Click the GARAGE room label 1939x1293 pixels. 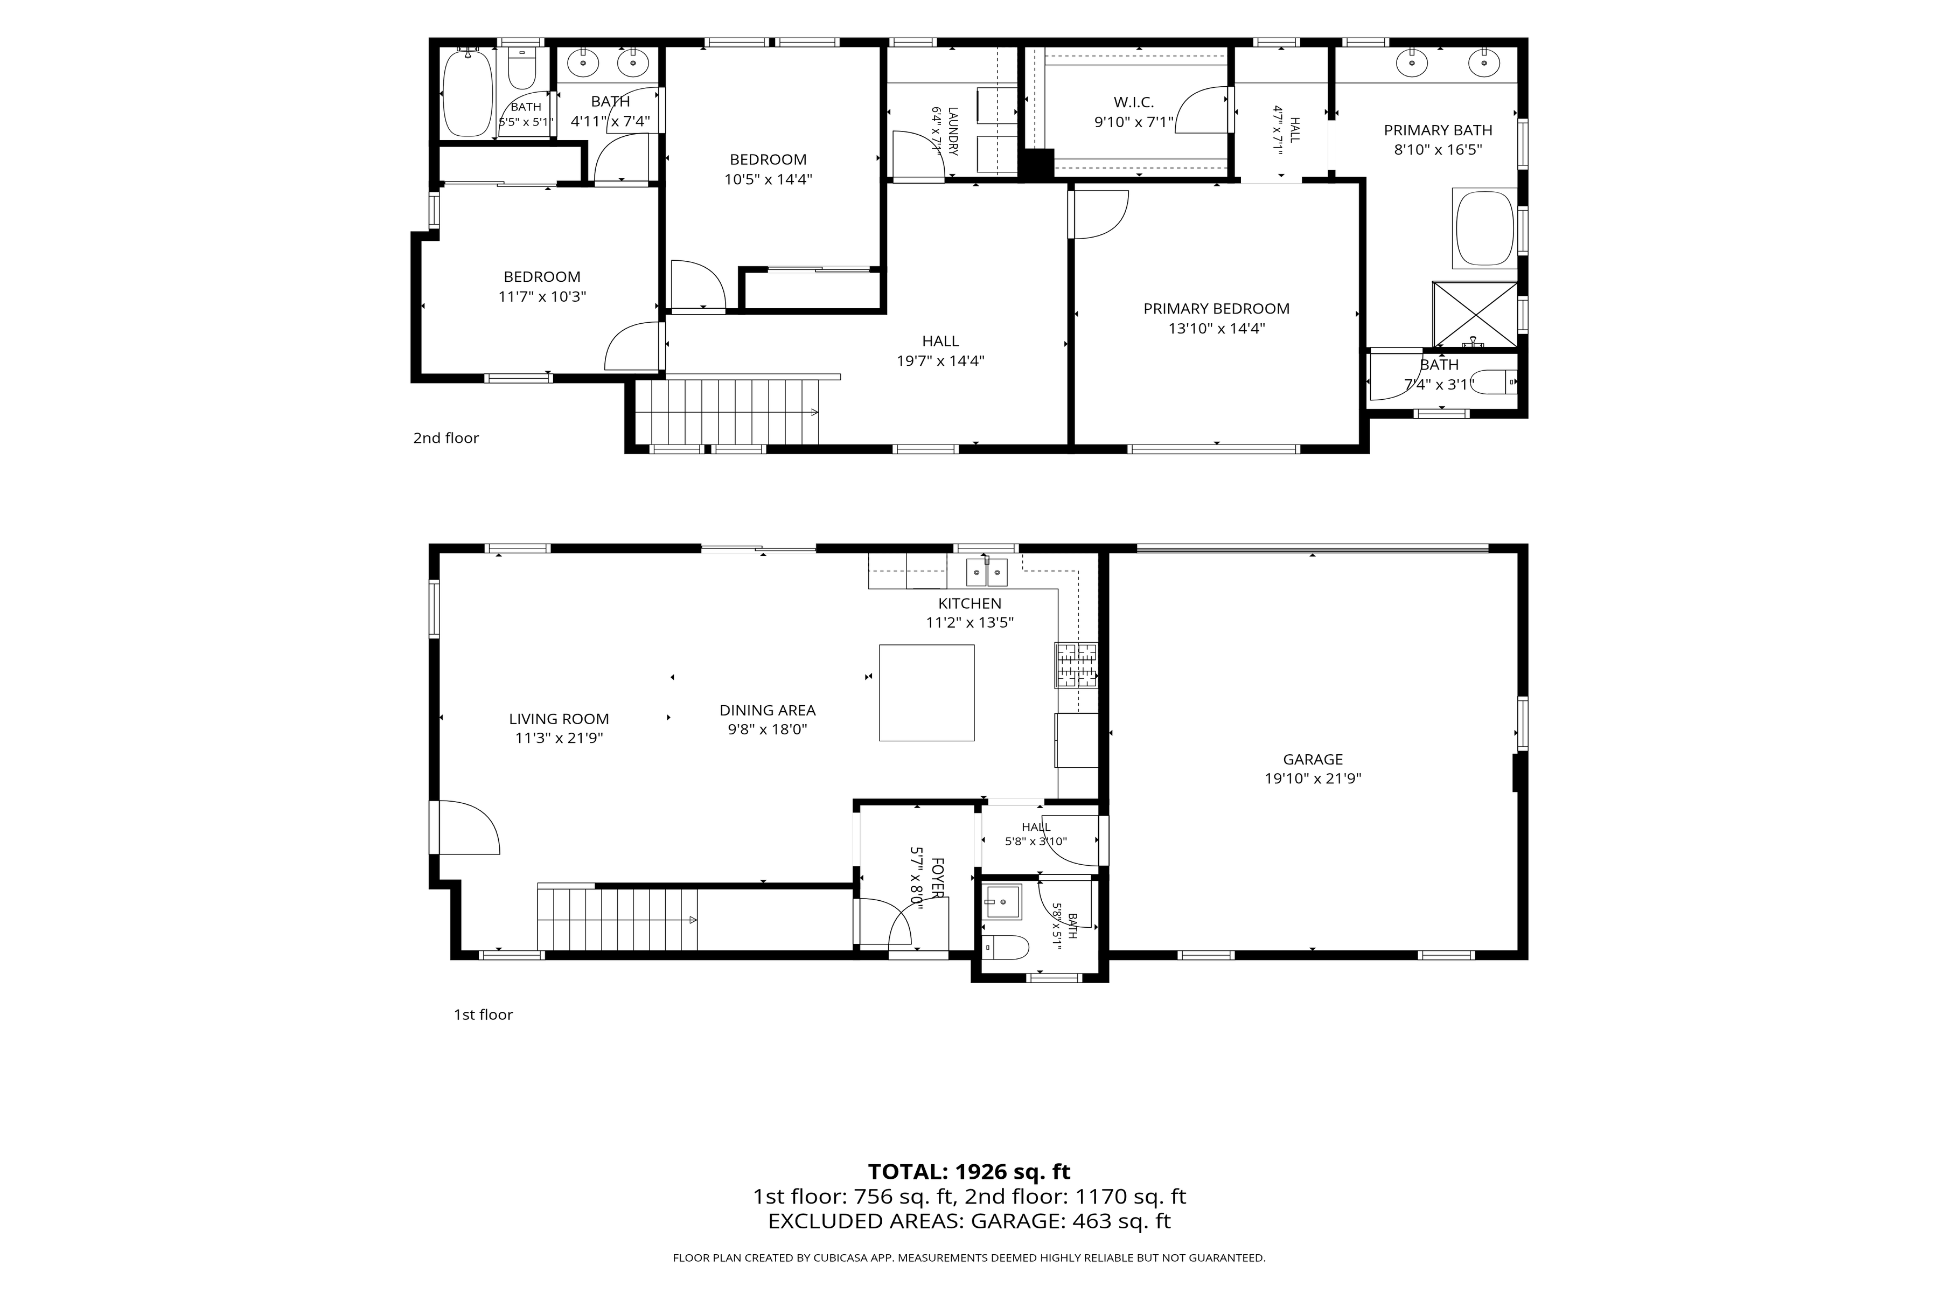click(x=1313, y=760)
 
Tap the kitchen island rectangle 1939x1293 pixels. click(x=926, y=693)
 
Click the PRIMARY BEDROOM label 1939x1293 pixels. click(x=1216, y=308)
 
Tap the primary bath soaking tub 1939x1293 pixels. click(x=1485, y=230)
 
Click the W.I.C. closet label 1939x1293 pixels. click(x=1134, y=102)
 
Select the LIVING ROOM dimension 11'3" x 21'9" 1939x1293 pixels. click(x=559, y=738)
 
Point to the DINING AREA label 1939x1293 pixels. click(x=768, y=710)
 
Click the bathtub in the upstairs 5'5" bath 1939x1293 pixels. click(x=468, y=92)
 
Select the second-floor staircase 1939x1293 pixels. click(x=726, y=412)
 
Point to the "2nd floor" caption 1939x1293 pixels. click(x=446, y=438)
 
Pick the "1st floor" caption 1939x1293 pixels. click(x=483, y=1014)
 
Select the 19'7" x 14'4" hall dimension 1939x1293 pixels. click(x=940, y=360)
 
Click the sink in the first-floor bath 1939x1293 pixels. click(x=1002, y=901)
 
